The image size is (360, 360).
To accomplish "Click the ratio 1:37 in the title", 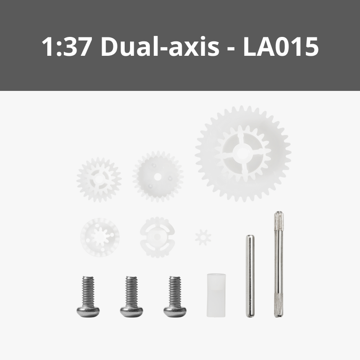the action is pyautogui.click(x=66, y=47).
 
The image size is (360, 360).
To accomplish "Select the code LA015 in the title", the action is pyautogui.click(x=281, y=47).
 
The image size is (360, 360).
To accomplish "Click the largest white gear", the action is pyautogui.click(x=243, y=153).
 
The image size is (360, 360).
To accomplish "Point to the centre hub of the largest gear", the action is pyautogui.click(x=242, y=153).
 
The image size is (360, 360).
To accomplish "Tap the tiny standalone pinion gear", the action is pyautogui.click(x=203, y=237).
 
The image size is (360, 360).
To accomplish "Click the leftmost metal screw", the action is pyautogui.click(x=88, y=297).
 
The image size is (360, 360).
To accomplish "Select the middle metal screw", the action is pyautogui.click(x=131, y=297).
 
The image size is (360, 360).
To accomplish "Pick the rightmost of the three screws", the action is pyautogui.click(x=175, y=297).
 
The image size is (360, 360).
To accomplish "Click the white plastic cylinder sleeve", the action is pyautogui.click(x=216, y=295).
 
